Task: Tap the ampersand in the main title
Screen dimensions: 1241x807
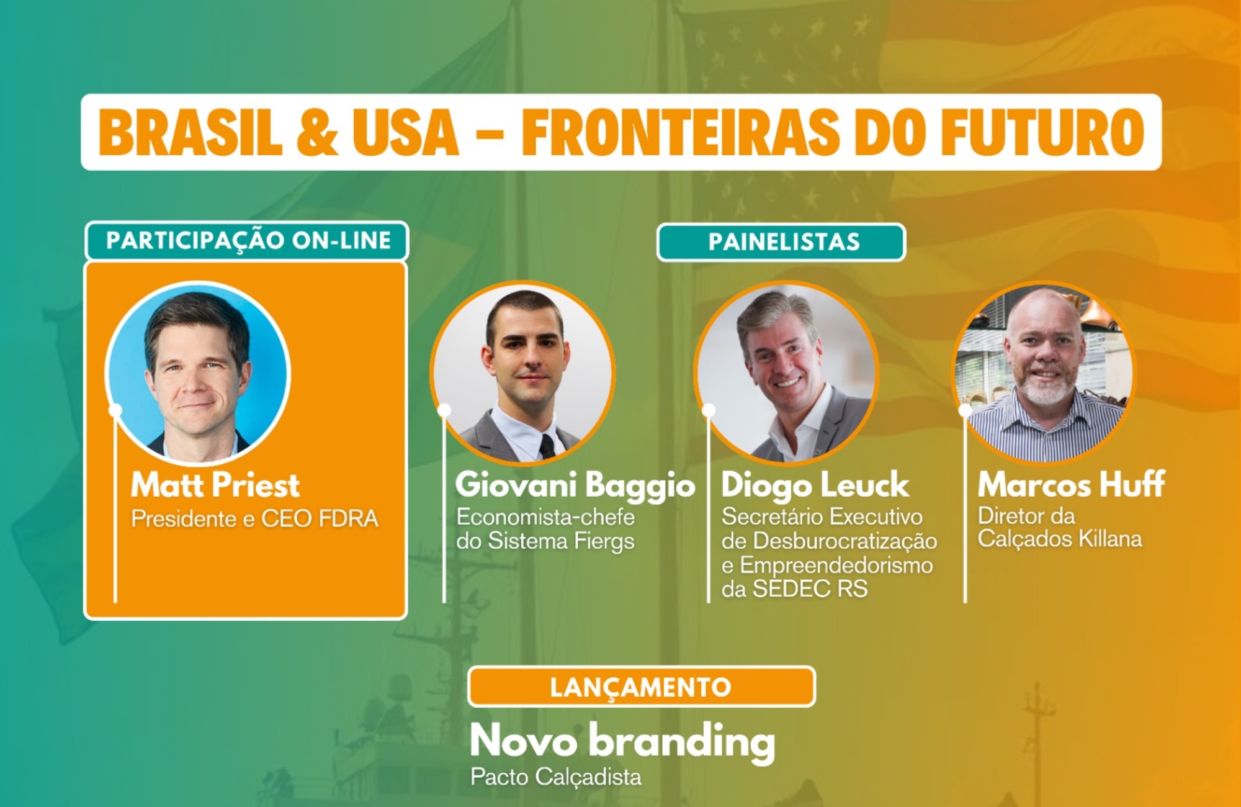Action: (318, 132)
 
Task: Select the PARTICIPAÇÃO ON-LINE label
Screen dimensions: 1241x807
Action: (247, 241)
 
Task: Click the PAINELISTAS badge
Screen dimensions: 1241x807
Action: (781, 242)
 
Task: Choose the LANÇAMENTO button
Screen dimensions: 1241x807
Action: (642, 687)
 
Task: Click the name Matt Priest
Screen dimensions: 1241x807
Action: (215, 485)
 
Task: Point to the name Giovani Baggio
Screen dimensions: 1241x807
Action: (575, 485)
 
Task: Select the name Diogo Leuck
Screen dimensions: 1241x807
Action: (815, 485)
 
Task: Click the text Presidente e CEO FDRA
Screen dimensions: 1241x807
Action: (254, 519)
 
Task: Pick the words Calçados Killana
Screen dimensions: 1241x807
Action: (1060, 538)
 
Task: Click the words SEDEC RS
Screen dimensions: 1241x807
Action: (810, 588)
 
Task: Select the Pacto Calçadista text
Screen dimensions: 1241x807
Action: (556, 777)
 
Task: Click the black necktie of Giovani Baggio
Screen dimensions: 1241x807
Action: (547, 446)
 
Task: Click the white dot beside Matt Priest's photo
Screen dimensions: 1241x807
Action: (115, 410)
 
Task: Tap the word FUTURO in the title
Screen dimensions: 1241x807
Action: (1043, 132)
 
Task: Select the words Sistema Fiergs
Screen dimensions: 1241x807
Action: (561, 541)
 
